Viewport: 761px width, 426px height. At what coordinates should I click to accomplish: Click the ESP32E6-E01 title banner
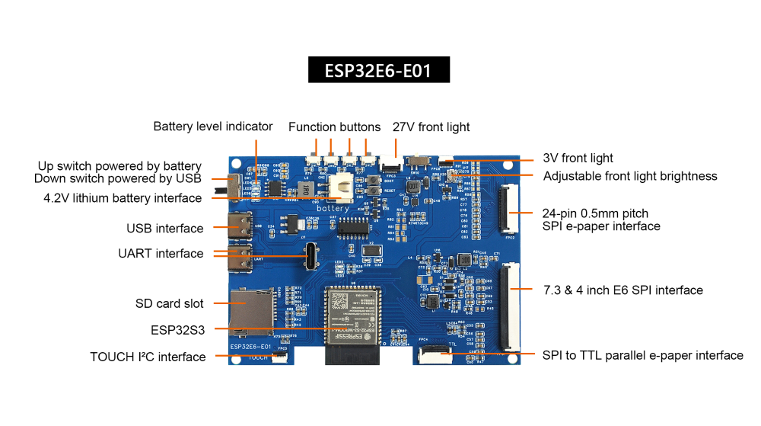point(378,70)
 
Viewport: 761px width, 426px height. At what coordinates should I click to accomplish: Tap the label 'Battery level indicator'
point(212,127)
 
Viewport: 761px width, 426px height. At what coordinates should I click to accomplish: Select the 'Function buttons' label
point(334,127)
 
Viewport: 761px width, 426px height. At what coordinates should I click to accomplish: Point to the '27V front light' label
point(431,127)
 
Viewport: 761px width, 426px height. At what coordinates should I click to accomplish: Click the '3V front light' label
point(578,159)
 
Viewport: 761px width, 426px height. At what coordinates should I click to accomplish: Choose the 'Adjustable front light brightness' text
point(629,176)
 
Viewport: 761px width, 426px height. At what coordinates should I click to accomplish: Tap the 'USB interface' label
point(165,229)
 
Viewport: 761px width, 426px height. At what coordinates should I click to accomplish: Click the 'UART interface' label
point(161,254)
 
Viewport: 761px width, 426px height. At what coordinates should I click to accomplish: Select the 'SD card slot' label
point(170,303)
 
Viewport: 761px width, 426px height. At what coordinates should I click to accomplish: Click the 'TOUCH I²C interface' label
point(148,357)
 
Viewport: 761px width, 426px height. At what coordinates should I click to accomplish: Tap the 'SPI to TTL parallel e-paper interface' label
point(642,355)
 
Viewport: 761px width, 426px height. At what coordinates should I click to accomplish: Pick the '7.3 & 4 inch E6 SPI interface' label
point(622,290)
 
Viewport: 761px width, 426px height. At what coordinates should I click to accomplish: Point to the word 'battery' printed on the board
point(333,208)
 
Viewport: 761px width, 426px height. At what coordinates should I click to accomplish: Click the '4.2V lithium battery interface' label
point(123,198)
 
